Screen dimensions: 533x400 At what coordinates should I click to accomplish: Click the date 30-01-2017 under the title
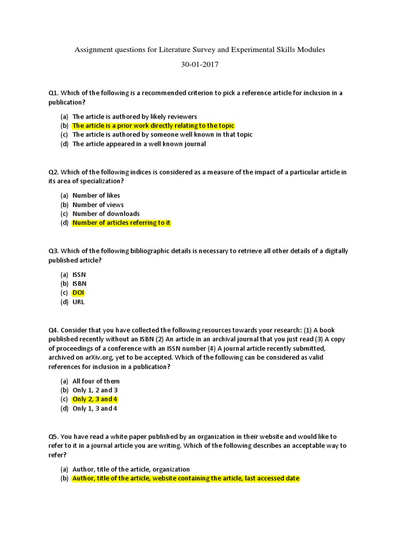click(200, 65)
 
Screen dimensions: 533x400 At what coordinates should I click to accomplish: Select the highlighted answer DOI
click(78, 293)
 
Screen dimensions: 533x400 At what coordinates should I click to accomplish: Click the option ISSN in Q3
click(79, 274)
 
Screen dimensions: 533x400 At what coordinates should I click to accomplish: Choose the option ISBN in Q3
click(79, 284)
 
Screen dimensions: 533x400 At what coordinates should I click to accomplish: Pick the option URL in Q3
click(78, 302)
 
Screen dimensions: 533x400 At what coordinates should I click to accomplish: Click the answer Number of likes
click(96, 196)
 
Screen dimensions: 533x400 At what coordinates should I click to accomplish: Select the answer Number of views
click(98, 205)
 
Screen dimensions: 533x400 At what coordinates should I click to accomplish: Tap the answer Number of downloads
click(106, 214)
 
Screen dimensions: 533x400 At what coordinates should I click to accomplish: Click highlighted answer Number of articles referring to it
click(121, 223)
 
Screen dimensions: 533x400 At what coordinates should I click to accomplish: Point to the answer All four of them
click(96, 382)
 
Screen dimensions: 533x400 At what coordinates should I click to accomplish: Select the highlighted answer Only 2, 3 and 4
click(95, 399)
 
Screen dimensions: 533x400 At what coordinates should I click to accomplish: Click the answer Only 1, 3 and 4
click(95, 409)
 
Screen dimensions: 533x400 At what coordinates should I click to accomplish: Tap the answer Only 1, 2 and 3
click(95, 390)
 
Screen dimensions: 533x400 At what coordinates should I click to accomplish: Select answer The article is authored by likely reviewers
click(134, 117)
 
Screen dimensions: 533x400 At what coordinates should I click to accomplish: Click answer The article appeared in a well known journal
click(139, 144)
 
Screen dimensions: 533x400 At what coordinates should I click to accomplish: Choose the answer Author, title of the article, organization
click(131, 469)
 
